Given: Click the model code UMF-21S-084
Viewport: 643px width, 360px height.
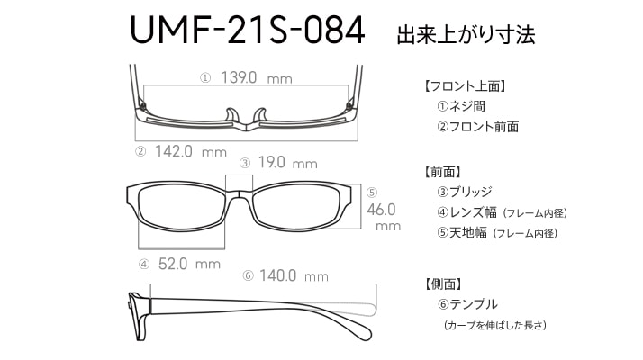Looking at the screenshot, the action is point(247,30).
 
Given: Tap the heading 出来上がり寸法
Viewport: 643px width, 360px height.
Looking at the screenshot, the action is point(466,34).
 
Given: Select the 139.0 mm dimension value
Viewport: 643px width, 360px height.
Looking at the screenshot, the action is point(257,77).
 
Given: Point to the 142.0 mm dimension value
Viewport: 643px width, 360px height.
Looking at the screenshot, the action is point(191,152).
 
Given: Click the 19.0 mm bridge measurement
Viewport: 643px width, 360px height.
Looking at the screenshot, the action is point(287,163).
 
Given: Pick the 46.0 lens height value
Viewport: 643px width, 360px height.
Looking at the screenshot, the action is point(381,210).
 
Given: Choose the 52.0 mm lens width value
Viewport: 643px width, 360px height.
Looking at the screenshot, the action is point(189,264).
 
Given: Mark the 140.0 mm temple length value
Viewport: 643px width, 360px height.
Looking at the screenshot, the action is point(294,275).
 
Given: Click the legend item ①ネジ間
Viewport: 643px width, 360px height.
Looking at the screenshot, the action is point(461,106).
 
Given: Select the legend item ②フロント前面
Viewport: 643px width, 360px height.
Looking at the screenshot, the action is point(477,126).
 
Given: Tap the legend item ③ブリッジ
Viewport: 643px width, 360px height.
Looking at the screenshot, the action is point(464,192).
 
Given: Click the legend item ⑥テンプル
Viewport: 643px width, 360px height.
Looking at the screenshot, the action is point(467,304).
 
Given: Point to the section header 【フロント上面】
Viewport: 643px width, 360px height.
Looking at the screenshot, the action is point(464,86).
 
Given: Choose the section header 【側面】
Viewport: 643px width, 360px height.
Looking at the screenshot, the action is point(444,283).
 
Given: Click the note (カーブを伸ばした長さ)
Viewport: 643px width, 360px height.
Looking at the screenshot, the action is point(495,325).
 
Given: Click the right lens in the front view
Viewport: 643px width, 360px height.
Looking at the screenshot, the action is point(297,208).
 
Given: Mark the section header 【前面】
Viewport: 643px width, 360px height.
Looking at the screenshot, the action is point(443,172).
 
